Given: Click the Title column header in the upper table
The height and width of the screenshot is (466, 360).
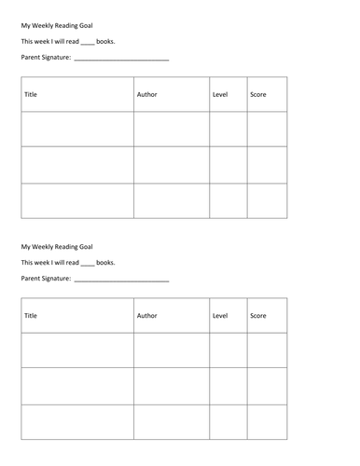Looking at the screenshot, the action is click(x=33, y=95).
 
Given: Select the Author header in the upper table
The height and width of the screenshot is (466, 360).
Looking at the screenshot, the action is click(x=147, y=95).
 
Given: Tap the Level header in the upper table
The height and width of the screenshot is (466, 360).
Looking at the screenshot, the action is click(x=220, y=95).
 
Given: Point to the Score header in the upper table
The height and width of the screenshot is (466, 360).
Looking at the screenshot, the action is click(x=258, y=95).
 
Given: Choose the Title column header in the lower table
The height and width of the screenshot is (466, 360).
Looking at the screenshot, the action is click(x=33, y=316).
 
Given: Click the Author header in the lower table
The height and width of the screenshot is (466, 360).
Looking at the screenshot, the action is click(x=147, y=316).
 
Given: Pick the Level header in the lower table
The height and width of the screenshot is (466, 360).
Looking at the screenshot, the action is click(x=220, y=316).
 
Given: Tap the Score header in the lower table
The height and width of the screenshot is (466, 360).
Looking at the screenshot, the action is click(x=258, y=316).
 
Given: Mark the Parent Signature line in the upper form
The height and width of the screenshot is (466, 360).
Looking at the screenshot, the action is click(x=120, y=61).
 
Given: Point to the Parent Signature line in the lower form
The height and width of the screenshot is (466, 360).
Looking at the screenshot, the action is click(x=120, y=281).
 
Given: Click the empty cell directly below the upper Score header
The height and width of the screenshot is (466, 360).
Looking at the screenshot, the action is click(x=267, y=130).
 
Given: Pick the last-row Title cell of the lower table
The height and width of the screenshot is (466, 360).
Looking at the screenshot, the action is click(x=77, y=421).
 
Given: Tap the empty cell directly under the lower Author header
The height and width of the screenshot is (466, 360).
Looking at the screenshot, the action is click(x=172, y=350).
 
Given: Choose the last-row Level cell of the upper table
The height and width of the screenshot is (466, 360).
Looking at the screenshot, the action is click(x=228, y=200).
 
